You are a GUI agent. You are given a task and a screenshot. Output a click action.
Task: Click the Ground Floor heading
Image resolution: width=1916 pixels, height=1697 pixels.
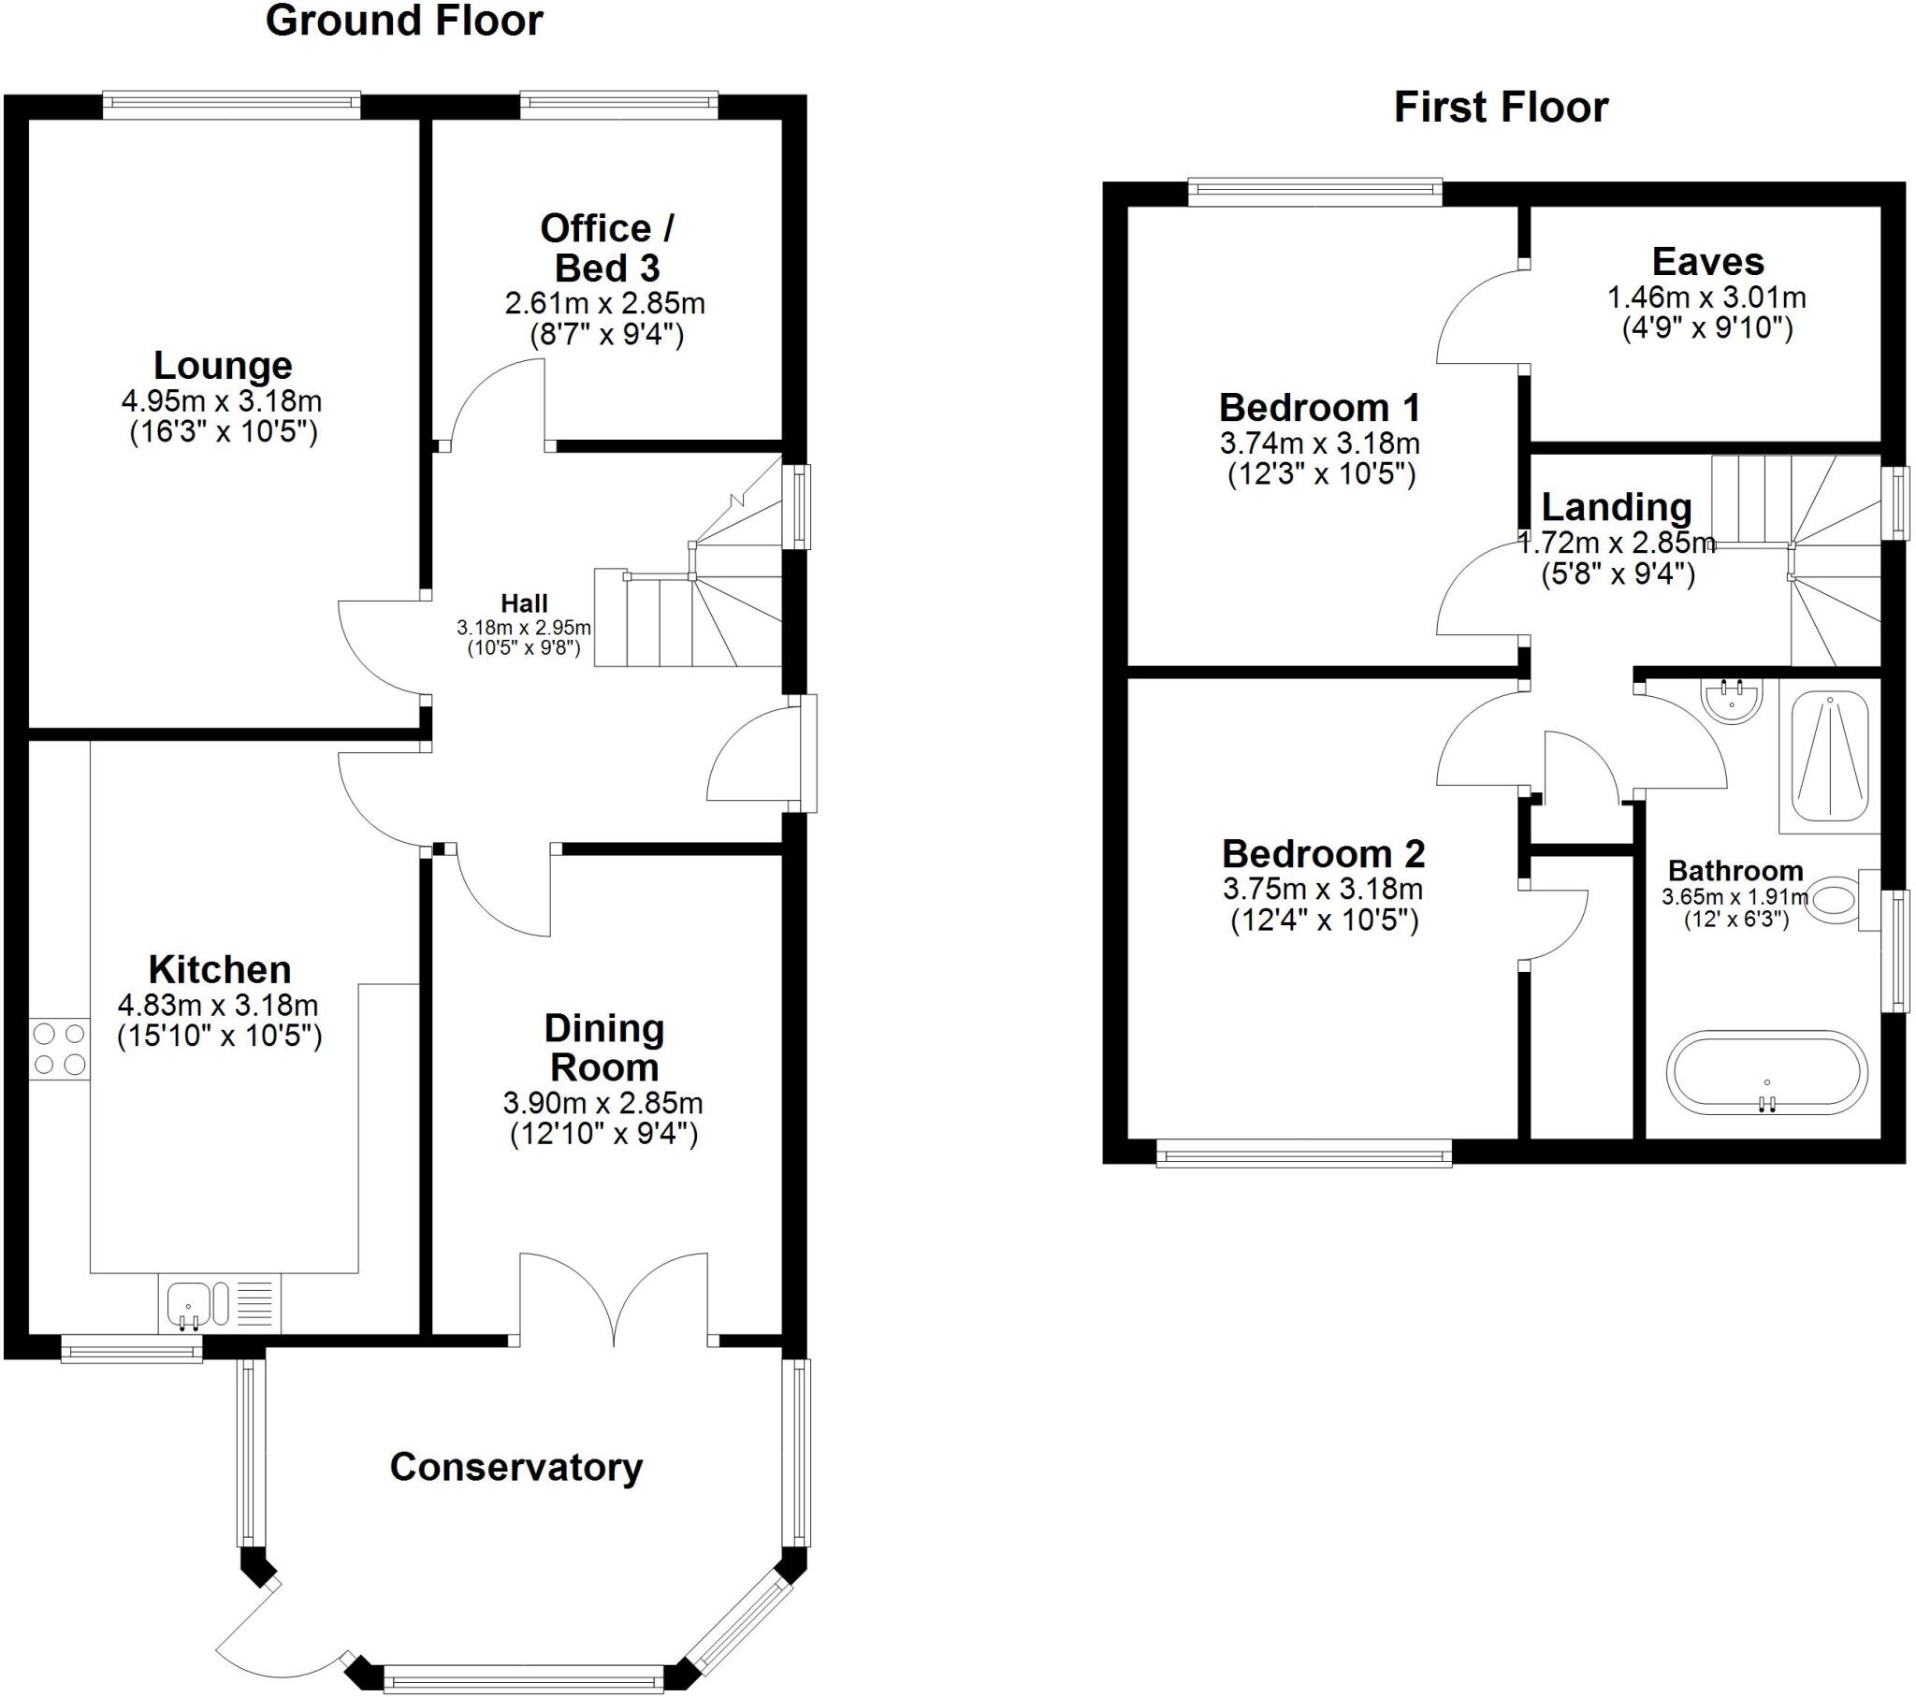click(404, 22)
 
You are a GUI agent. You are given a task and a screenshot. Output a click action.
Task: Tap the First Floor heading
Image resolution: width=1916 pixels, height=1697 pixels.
click(1501, 107)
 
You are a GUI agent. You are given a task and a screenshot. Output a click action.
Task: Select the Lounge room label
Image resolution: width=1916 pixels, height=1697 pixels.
click(223, 366)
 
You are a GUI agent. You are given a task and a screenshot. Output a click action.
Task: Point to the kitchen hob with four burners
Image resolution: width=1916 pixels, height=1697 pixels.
click(59, 1049)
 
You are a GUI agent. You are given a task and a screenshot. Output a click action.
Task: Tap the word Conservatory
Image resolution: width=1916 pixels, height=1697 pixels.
click(515, 1466)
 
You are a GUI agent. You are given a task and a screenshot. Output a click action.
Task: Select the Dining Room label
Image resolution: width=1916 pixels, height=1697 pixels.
click(603, 1047)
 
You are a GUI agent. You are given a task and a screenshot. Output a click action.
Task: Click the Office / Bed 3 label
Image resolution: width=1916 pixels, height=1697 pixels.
click(605, 248)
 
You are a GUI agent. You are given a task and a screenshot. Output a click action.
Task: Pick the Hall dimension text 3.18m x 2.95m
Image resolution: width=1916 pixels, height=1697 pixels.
click(524, 627)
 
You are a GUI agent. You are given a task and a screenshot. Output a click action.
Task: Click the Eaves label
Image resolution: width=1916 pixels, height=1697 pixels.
click(1707, 262)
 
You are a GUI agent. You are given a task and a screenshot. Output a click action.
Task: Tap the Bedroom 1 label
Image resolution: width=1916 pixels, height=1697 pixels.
click(1319, 408)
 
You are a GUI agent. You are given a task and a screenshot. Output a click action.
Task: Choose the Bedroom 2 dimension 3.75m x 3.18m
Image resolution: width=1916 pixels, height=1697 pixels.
click(1323, 888)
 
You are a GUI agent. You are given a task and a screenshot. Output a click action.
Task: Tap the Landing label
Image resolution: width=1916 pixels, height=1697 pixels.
click(1616, 507)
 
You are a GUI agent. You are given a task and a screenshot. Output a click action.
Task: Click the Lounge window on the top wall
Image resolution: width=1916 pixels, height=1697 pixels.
click(230, 105)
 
